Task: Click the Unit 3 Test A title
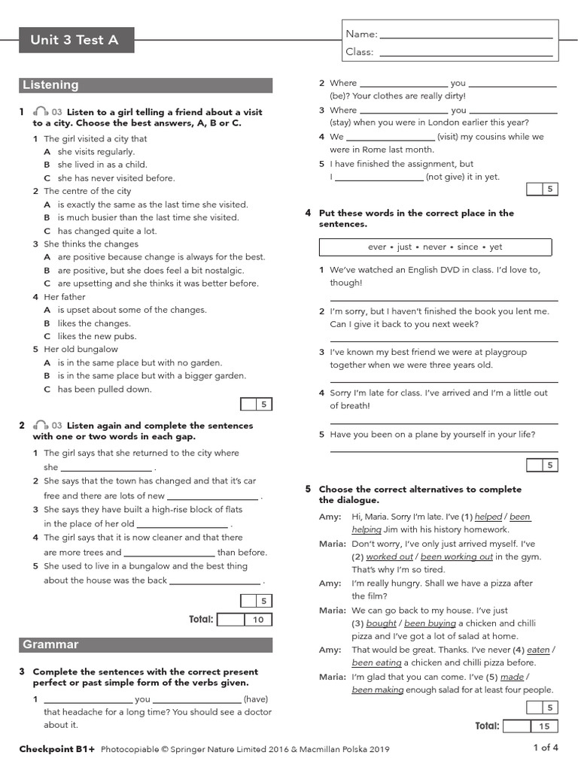point(75,40)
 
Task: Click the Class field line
point(467,53)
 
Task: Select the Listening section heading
point(145,85)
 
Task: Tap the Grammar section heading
point(145,644)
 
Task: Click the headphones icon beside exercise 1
point(41,111)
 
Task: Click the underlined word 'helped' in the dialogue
point(488,517)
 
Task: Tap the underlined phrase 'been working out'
point(456,556)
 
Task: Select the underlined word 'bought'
point(382,623)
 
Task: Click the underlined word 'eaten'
point(538,650)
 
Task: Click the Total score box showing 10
point(258,620)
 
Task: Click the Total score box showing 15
point(544,726)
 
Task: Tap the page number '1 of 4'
point(545,747)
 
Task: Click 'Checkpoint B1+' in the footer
point(57,749)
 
